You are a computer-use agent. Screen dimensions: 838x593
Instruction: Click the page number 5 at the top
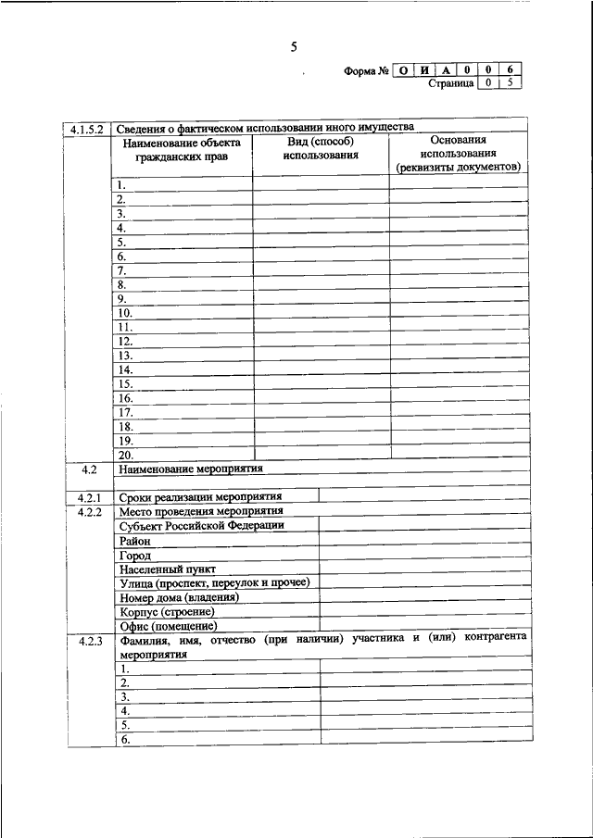point(294,46)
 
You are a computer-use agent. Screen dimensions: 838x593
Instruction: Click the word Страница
point(451,84)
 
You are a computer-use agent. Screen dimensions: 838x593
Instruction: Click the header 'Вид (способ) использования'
point(321,148)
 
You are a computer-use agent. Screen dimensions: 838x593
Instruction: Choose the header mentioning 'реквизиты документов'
point(458,168)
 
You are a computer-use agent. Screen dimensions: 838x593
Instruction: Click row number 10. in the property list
point(127,313)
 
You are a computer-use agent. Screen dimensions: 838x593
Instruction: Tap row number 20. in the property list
point(127,455)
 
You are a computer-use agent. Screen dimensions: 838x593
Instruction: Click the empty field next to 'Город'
point(424,555)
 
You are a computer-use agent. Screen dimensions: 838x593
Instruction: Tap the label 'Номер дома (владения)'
point(179,597)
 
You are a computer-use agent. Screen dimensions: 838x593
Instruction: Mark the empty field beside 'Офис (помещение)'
point(424,626)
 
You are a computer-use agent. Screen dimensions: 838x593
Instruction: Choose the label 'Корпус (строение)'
point(167,612)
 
